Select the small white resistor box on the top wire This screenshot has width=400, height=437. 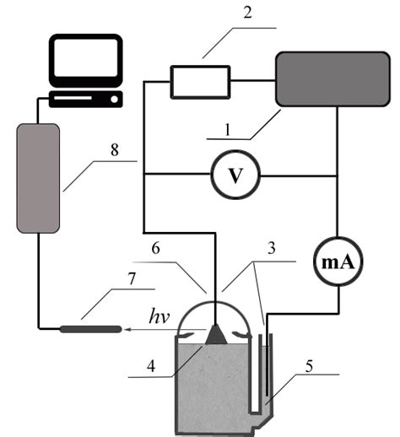click(x=200, y=82)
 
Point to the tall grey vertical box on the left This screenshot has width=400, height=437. click(x=38, y=177)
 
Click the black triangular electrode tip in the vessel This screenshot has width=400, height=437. click(x=217, y=334)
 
